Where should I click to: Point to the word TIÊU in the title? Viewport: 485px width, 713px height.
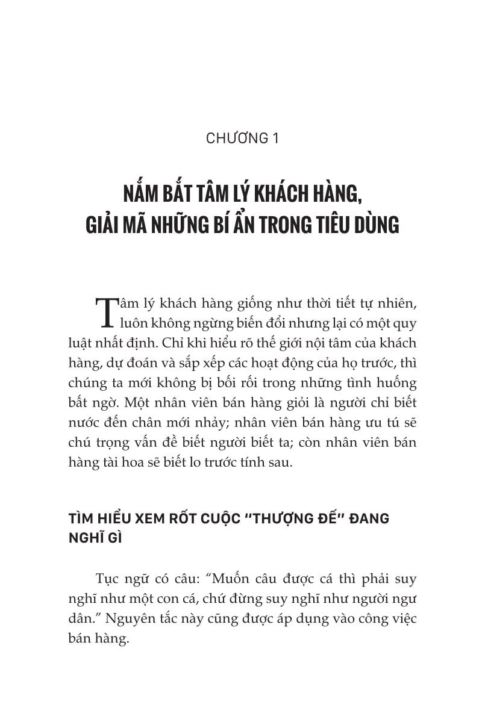point(330,225)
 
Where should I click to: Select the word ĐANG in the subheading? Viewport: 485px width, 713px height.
point(367,519)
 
